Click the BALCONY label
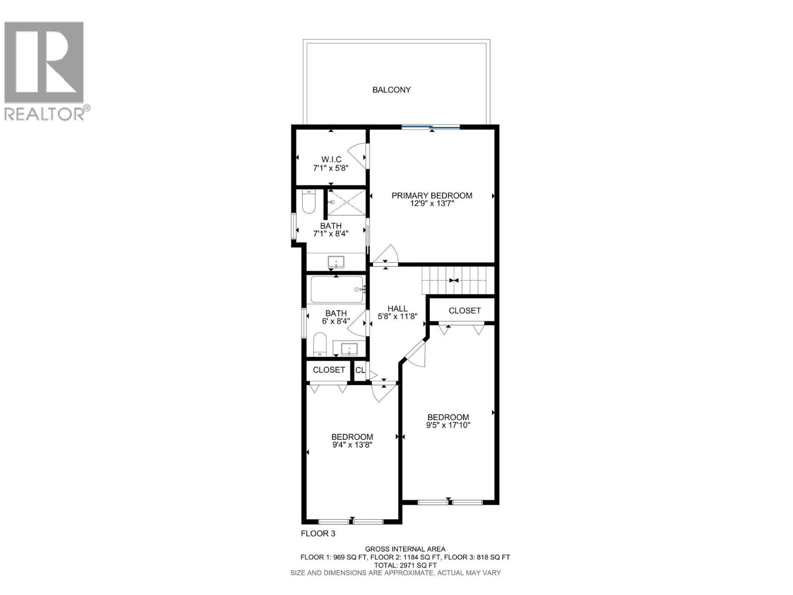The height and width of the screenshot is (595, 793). tap(392, 90)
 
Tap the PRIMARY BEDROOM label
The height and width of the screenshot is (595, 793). tap(432, 195)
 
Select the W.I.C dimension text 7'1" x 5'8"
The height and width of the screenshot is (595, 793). tap(331, 168)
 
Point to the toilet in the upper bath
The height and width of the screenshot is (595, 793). tap(308, 203)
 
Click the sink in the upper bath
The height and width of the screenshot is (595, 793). tap(336, 261)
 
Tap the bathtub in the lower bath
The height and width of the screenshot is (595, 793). tap(337, 290)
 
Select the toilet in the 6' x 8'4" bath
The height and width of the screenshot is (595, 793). tap(320, 345)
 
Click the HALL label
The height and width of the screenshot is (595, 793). tap(397, 308)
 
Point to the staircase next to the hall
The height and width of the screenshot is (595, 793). tap(457, 280)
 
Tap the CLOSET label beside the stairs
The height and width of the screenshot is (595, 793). tap(464, 311)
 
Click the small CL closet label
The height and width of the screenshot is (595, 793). tap(360, 370)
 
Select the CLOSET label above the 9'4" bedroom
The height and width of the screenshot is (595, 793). tap(329, 370)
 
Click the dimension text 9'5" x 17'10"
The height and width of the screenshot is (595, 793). tap(448, 425)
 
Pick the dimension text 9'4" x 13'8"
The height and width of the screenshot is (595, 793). tap(352, 445)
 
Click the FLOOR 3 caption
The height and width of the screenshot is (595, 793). tap(318, 534)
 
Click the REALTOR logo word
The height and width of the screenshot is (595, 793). tap(45, 114)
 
